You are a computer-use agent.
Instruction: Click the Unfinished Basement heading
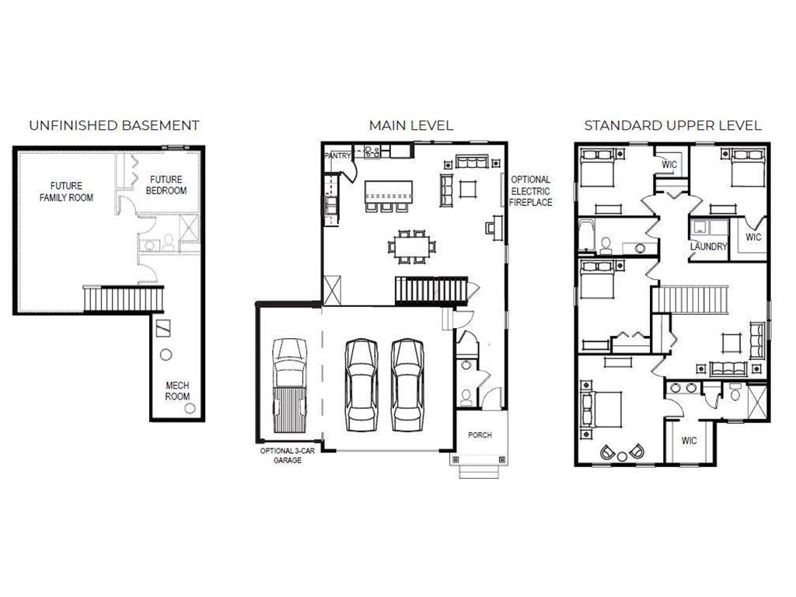point(114,125)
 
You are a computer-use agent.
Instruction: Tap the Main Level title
point(410,125)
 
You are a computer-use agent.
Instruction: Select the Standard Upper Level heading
point(672,125)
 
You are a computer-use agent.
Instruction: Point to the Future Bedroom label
point(168,184)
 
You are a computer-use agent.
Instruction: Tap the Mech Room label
point(177,391)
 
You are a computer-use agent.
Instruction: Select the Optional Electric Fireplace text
point(531,191)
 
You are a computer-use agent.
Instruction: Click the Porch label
point(480,435)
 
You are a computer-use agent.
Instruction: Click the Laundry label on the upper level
point(708,247)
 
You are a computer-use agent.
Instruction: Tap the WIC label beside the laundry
point(752,237)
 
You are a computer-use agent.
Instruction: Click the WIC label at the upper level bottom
point(689,441)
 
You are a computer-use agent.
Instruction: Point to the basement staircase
point(124,298)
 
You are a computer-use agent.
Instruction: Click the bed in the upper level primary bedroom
point(604,409)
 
